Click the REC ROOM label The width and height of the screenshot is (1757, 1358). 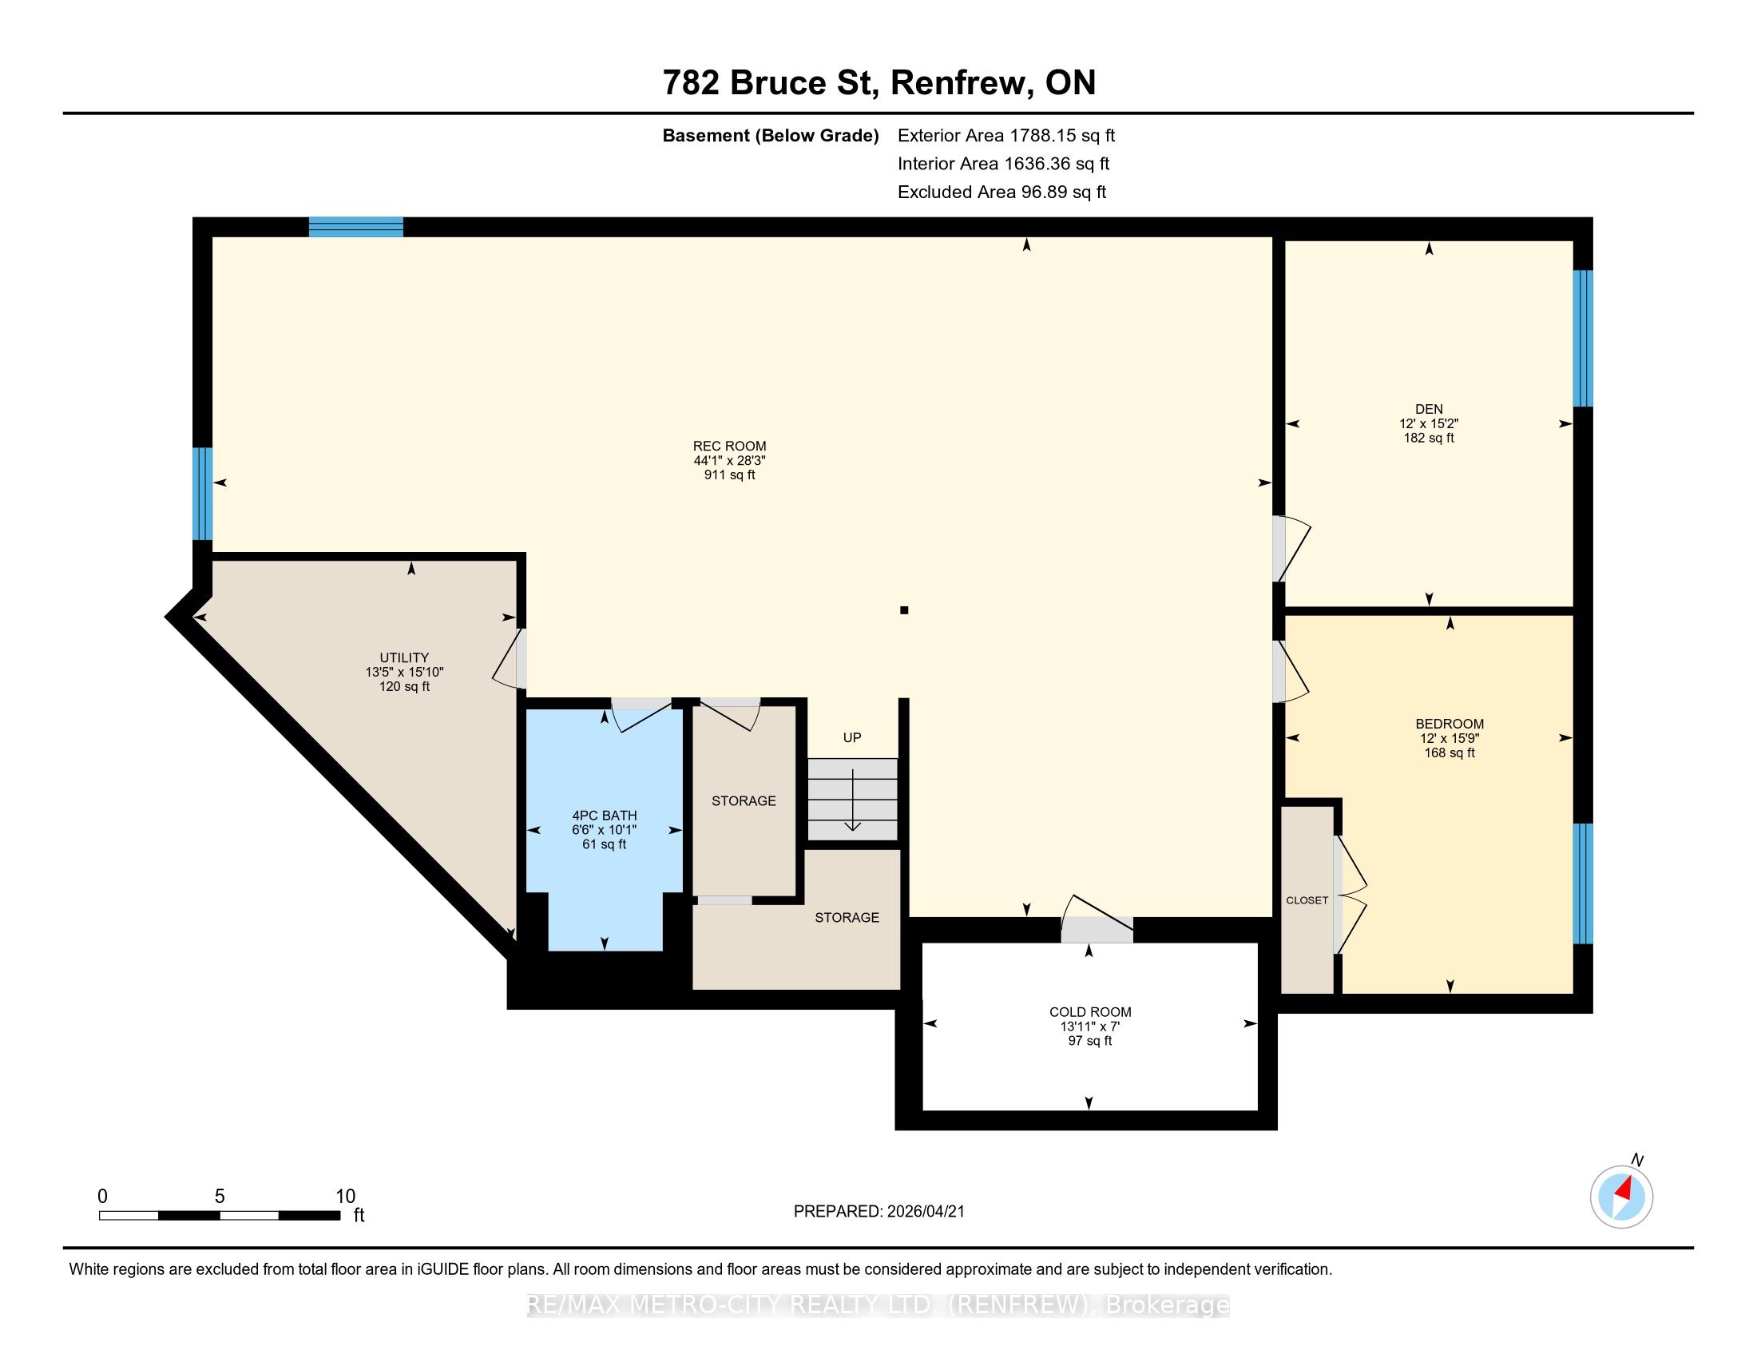tap(730, 446)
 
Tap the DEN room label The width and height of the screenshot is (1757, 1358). tap(1429, 409)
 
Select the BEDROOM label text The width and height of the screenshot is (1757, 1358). tap(1450, 723)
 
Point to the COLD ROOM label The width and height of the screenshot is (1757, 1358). tap(1090, 1012)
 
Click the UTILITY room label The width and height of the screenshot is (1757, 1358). tap(404, 657)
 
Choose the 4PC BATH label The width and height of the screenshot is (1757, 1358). tap(605, 816)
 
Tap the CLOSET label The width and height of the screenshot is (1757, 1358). tap(1307, 900)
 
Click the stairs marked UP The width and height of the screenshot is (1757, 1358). tap(853, 800)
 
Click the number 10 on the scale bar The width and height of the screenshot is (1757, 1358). tap(345, 1196)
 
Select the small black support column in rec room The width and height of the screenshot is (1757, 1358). tap(904, 610)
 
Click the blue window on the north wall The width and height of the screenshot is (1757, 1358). tap(355, 227)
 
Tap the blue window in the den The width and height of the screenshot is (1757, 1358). tap(1582, 338)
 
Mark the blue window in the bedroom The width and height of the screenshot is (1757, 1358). tap(1582, 883)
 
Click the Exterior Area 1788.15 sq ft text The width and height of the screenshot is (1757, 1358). tap(1006, 135)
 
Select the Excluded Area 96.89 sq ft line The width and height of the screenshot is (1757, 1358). tap(1001, 192)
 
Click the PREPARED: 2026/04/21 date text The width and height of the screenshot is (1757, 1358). tap(878, 1211)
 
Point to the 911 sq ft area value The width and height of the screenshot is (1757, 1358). tap(730, 475)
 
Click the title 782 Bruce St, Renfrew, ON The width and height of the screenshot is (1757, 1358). tap(879, 82)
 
